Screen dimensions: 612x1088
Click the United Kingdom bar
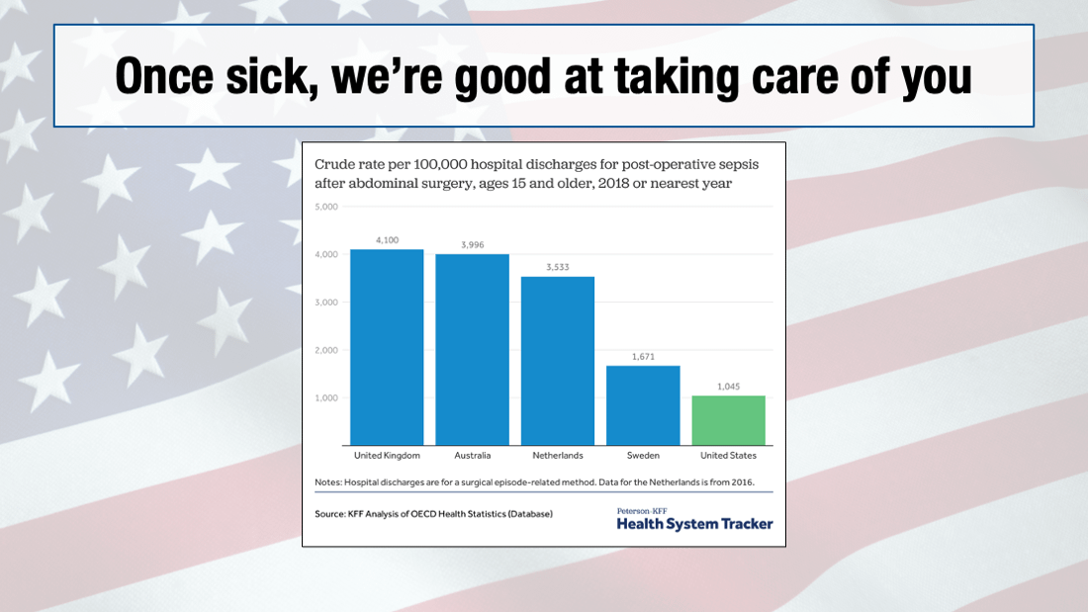[387, 347]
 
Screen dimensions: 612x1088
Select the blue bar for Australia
[472, 350]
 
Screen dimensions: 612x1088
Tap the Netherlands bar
[558, 361]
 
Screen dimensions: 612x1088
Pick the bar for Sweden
[643, 405]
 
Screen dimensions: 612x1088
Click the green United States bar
[728, 420]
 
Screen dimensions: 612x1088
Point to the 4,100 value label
[387, 240]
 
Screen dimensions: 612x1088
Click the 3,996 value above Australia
[472, 245]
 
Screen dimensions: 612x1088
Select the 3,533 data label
[558, 267]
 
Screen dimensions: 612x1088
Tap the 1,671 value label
[643, 356]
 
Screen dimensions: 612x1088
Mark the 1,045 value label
[728, 386]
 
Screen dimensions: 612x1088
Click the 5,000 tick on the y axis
[326, 207]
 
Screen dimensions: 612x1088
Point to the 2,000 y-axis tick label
[326, 350]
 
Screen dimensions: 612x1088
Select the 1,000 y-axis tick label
[326, 397]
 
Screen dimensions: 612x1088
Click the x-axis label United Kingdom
[387, 456]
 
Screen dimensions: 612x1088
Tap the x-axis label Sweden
[643, 456]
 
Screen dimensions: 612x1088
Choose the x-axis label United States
[728, 456]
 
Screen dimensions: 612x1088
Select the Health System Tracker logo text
[694, 524]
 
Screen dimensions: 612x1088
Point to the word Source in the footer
[331, 514]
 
